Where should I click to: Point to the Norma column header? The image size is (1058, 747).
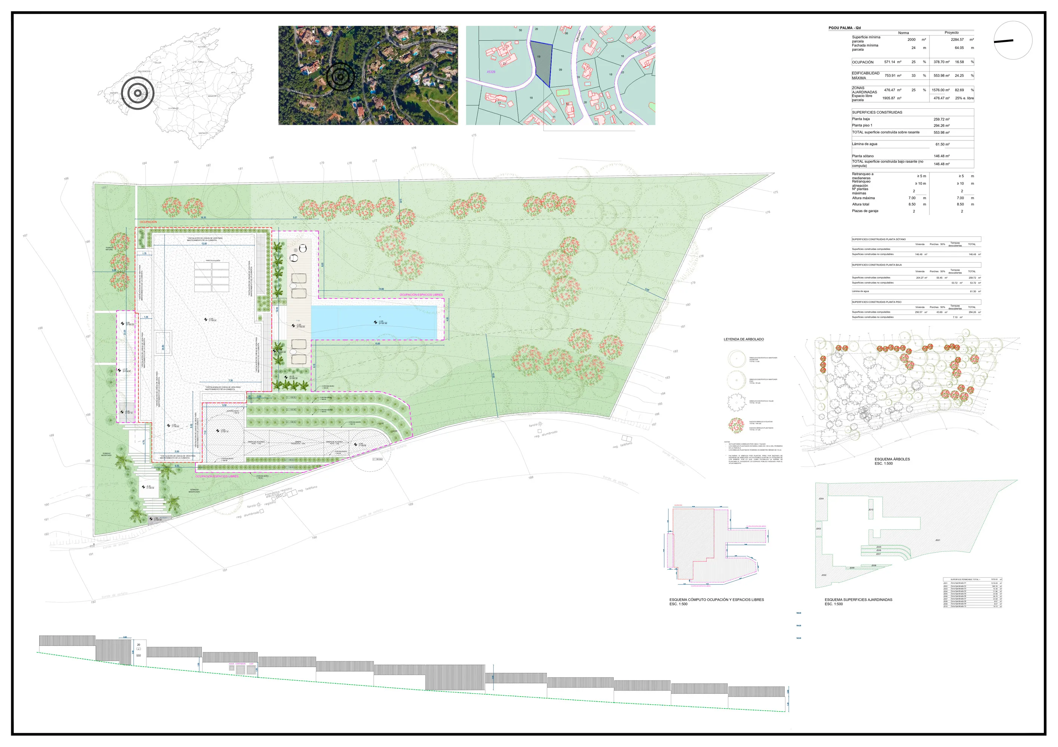click(903, 33)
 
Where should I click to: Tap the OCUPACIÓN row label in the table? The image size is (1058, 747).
click(863, 62)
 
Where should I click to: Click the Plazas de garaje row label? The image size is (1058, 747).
click(865, 211)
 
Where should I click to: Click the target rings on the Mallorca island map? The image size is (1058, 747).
click(137, 93)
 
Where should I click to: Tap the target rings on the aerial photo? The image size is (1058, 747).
click(340, 77)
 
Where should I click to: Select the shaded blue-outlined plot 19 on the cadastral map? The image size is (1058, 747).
click(540, 62)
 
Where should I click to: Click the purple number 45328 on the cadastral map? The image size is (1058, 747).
click(491, 72)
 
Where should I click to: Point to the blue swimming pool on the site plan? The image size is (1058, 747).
click(374, 322)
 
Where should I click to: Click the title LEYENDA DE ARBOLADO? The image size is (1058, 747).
click(744, 340)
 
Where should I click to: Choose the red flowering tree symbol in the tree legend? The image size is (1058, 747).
click(736, 425)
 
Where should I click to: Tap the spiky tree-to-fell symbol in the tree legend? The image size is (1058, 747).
click(736, 402)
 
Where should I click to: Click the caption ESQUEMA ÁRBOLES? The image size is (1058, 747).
click(892, 459)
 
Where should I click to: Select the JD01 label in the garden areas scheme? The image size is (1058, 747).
click(937, 540)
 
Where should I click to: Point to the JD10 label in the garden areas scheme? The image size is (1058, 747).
click(870, 510)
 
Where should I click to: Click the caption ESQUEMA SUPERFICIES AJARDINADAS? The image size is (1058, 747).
click(858, 599)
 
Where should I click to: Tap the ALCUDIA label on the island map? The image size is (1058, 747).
click(202, 47)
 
